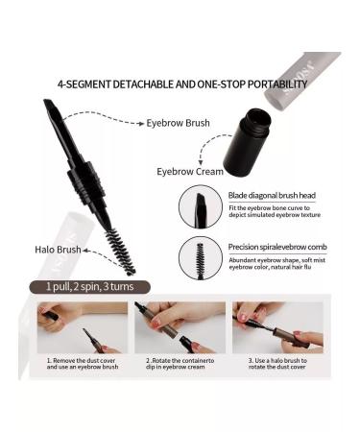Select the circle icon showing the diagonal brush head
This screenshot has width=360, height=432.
click(x=200, y=206)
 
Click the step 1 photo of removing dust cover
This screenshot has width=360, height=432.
click(x=83, y=328)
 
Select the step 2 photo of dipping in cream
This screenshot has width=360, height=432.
click(x=180, y=328)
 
